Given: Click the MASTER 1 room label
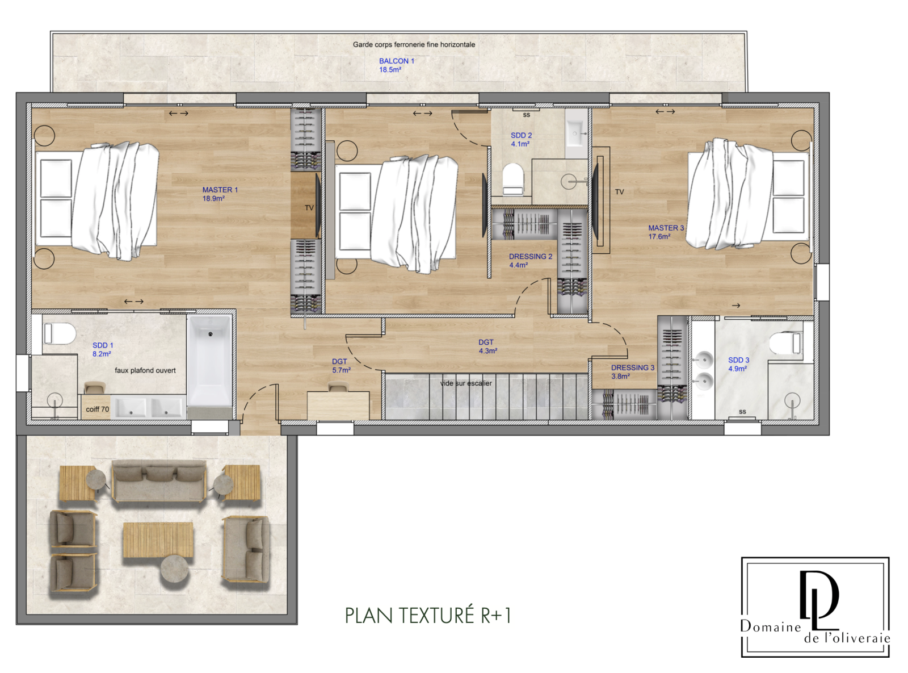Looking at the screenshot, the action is pyautogui.click(x=220, y=194).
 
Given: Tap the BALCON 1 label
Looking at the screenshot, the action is pyautogui.click(x=396, y=65).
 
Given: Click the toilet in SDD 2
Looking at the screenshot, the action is pyautogui.click(x=513, y=179).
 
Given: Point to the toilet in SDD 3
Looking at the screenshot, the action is pyautogui.click(x=785, y=343).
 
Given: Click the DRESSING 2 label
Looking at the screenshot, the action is pyautogui.click(x=530, y=261).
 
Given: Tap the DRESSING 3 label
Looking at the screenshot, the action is pyautogui.click(x=633, y=372).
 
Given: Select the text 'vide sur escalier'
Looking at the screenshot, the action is pyautogui.click(x=466, y=383).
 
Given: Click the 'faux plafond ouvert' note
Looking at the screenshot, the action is pyautogui.click(x=145, y=370).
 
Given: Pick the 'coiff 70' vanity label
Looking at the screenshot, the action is pyautogui.click(x=98, y=409).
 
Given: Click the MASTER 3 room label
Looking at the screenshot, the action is pyautogui.click(x=666, y=232).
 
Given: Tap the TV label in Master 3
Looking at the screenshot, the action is pyautogui.click(x=619, y=192).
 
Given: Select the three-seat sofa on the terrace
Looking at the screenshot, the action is pyautogui.click(x=159, y=481).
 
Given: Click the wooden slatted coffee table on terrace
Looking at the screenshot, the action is pyautogui.click(x=158, y=540).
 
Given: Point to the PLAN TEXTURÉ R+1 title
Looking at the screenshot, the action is pyautogui.click(x=428, y=616).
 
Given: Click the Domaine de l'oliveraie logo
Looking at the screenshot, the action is pyautogui.click(x=815, y=607).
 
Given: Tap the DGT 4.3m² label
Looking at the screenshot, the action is pyautogui.click(x=487, y=346).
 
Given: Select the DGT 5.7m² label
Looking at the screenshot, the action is pyautogui.click(x=341, y=366).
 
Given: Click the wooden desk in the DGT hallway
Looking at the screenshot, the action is pyautogui.click(x=338, y=406).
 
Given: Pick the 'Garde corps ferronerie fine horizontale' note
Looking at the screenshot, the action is pyautogui.click(x=414, y=44).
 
